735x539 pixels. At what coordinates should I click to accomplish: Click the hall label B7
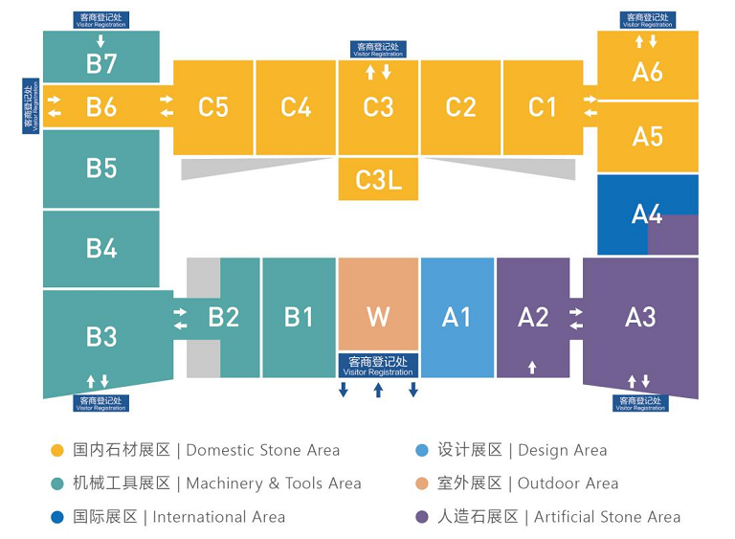(x=101, y=64)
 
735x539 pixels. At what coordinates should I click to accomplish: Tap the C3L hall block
(x=378, y=179)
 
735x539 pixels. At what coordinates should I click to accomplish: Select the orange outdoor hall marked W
(x=378, y=304)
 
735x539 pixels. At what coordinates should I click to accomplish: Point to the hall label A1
(x=457, y=317)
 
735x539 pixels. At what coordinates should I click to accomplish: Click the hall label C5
(x=213, y=107)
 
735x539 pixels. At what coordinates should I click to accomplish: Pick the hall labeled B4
(x=101, y=249)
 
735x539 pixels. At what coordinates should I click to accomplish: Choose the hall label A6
(x=647, y=72)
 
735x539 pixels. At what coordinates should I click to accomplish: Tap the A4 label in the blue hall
(x=647, y=214)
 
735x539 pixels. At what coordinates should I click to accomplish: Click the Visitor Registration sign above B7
(x=100, y=20)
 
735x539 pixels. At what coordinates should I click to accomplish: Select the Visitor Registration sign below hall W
(x=378, y=366)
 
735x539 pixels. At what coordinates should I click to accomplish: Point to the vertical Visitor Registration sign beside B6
(x=31, y=106)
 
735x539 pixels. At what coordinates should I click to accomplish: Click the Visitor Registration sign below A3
(x=640, y=403)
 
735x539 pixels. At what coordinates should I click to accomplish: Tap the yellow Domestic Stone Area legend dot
(x=57, y=450)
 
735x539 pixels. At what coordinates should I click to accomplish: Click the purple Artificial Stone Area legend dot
(x=422, y=517)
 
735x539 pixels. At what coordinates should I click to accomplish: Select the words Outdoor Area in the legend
(x=568, y=483)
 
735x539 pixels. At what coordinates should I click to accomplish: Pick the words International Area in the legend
(x=219, y=517)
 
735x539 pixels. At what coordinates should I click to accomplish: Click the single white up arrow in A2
(x=532, y=368)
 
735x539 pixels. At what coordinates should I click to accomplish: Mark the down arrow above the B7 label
(x=100, y=41)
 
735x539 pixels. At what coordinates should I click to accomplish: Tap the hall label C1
(x=544, y=107)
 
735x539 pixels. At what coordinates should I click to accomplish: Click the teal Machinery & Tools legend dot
(x=57, y=483)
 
